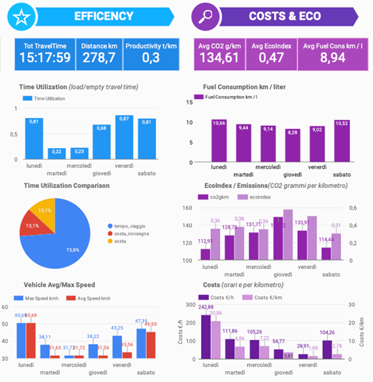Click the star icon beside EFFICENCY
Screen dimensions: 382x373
(x=21, y=17)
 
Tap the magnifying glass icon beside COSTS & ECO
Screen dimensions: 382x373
(x=204, y=17)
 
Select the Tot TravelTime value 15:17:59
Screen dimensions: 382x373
(x=45, y=58)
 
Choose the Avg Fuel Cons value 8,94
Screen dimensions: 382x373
(x=333, y=58)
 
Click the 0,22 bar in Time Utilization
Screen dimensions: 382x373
(x=57, y=154)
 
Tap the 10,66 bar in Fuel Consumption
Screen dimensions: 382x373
(x=219, y=141)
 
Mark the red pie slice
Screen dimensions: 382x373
(x=31, y=226)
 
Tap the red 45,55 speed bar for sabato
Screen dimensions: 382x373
(x=151, y=345)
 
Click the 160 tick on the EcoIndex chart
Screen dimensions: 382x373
(x=188, y=208)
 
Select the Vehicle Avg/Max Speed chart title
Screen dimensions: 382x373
(x=60, y=285)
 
